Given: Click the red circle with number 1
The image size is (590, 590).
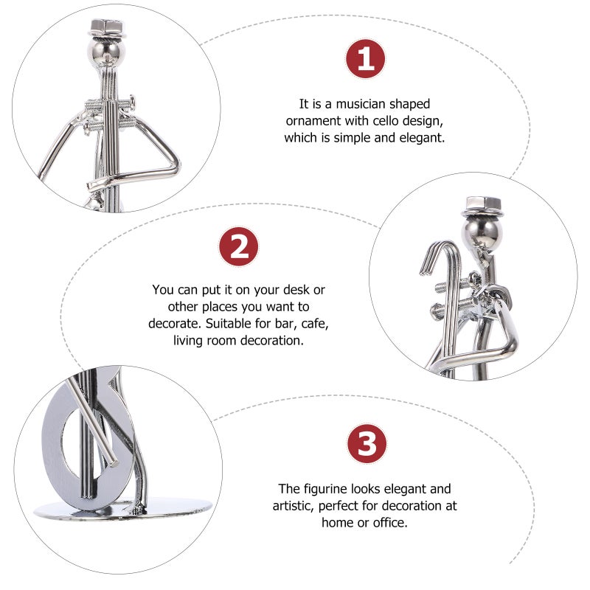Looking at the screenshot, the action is point(365,59).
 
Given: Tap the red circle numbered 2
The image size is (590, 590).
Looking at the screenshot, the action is point(238,246).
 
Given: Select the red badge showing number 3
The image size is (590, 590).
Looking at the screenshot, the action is point(367,444).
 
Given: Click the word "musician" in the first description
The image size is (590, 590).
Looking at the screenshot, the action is point(361,104).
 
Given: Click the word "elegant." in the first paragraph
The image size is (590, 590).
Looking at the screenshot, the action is point(422,138).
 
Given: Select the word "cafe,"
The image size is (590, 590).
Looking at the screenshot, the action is point(315,324).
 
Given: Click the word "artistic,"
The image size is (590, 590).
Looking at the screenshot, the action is point(294,506).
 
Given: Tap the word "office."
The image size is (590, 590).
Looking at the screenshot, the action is point(390,523).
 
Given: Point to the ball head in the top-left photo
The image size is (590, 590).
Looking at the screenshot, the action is point(106,52).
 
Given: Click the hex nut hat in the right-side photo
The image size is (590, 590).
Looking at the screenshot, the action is point(482,206).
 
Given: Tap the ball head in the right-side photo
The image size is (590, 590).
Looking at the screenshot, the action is point(482,234).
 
